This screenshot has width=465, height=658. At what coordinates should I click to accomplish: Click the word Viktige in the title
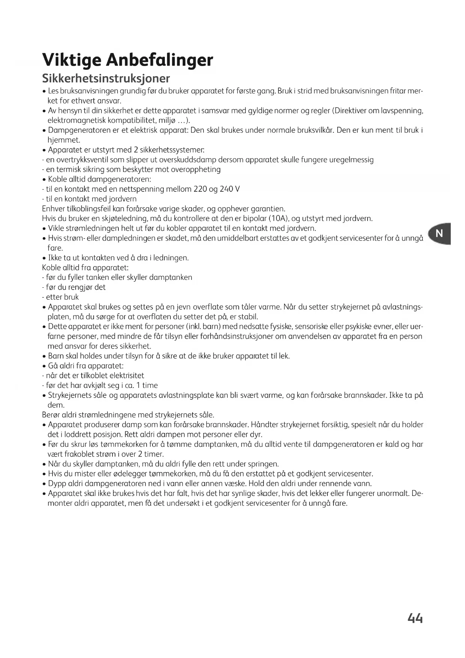point(71,60)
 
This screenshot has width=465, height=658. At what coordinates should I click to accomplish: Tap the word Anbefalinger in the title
point(160,60)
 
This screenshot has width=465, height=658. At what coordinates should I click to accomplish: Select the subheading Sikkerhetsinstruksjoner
point(106,78)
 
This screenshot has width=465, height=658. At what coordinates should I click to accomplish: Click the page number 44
point(415,618)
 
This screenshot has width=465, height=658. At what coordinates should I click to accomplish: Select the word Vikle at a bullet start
point(57,228)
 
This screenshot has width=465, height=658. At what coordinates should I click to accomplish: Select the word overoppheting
point(196,170)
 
